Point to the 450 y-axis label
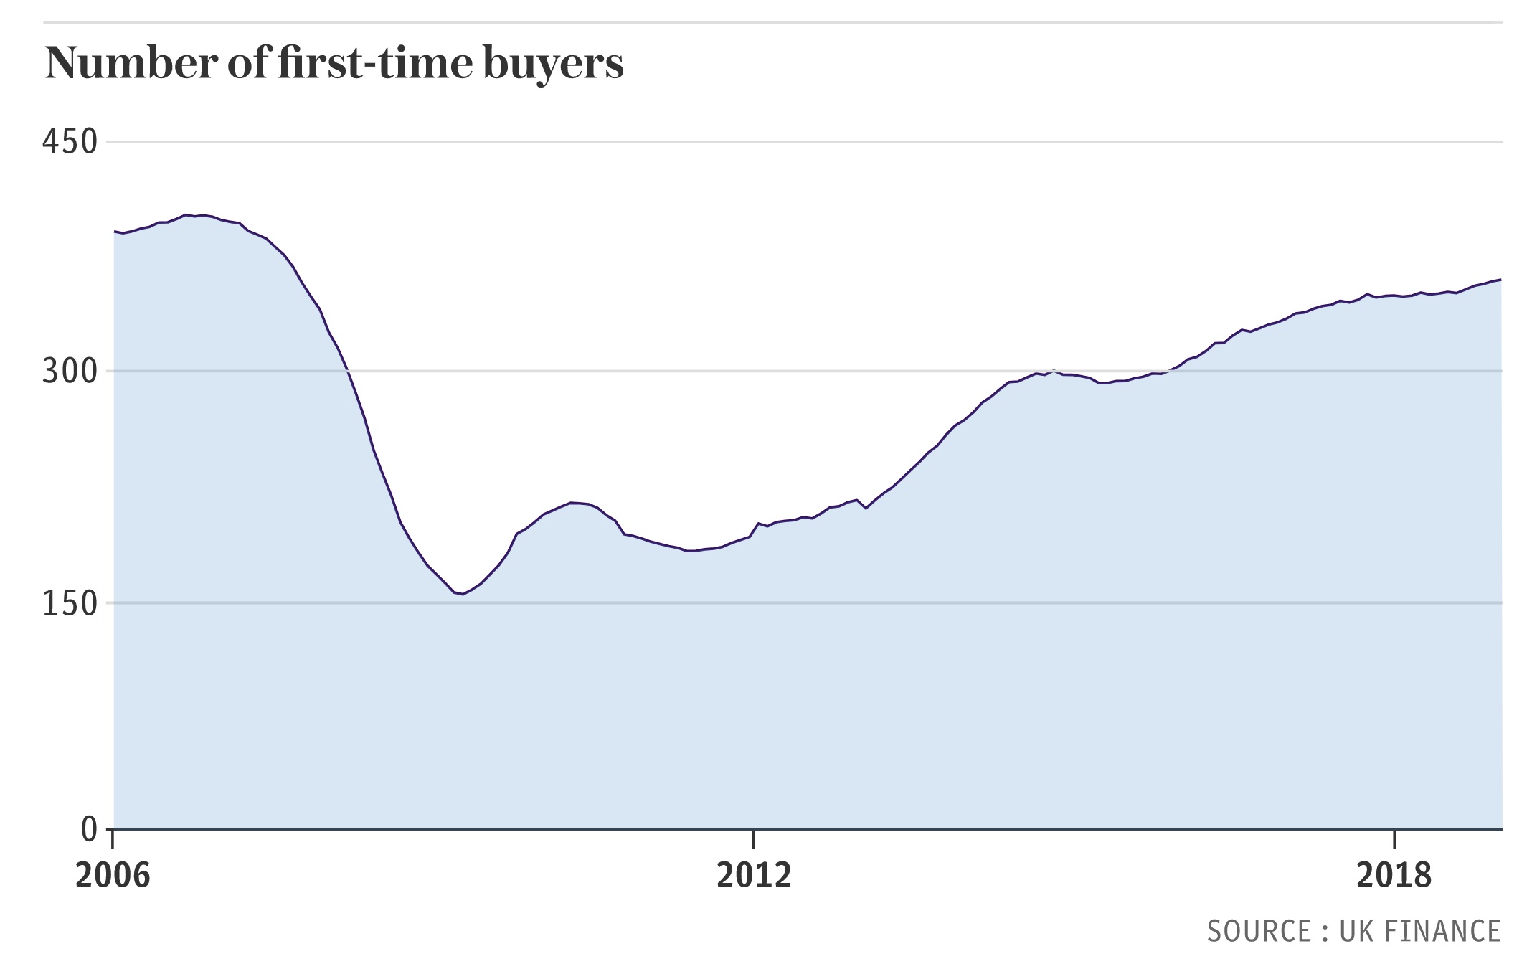click(x=70, y=142)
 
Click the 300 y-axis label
click(x=70, y=372)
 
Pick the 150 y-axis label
click(x=70, y=603)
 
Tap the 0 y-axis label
click(x=89, y=829)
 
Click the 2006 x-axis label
click(x=113, y=875)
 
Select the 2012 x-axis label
click(x=754, y=875)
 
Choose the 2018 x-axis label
click(x=1394, y=875)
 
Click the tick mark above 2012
click(x=754, y=838)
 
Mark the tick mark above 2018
click(x=1394, y=838)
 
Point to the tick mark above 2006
click(x=113, y=838)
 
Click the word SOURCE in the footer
click(x=1259, y=931)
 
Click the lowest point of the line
click(x=463, y=594)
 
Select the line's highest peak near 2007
click(x=186, y=214)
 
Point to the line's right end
click(x=1500, y=280)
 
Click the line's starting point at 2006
click(x=115, y=232)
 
